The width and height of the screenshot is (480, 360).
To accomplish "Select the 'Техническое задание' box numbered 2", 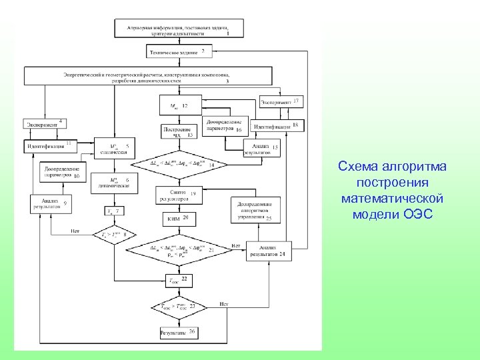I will pyautogui.click(x=177, y=51).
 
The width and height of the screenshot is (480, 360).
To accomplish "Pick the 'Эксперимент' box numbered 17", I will pyautogui.click(x=280, y=103).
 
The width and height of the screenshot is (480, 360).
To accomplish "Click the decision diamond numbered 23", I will pyautogui.click(x=178, y=307).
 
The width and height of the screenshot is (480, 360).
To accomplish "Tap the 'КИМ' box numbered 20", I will pyautogui.click(x=177, y=219).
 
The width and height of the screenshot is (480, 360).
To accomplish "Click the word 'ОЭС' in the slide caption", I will pyautogui.click(x=420, y=214).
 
